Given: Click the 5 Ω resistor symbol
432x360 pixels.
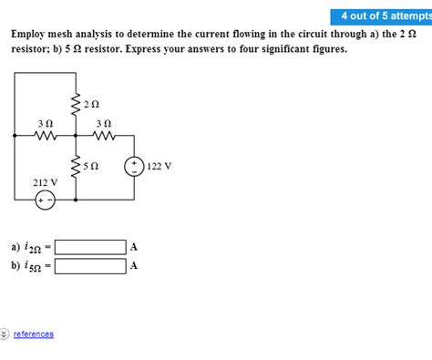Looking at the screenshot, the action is pyautogui.click(x=74, y=168).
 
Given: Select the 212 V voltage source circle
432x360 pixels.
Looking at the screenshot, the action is pyautogui.click(x=45, y=201).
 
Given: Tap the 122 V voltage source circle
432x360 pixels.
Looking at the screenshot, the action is pyautogui.click(x=134, y=167).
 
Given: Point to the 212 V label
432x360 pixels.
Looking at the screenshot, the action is pyautogui.click(x=45, y=182).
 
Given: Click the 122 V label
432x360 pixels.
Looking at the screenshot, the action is pyautogui.click(x=159, y=167).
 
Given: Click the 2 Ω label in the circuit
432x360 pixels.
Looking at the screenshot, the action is pyautogui.click(x=89, y=105).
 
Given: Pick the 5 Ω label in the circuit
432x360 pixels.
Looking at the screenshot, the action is pyautogui.click(x=89, y=167).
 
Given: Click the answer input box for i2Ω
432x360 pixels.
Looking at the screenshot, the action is pyautogui.click(x=90, y=247).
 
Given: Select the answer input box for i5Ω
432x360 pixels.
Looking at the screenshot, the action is pyautogui.click(x=90, y=266).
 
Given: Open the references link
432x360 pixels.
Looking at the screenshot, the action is pyautogui.click(x=34, y=334).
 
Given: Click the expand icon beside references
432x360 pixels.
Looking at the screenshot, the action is pyautogui.click(x=5, y=334).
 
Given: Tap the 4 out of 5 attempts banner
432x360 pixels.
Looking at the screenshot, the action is pyautogui.click(x=383, y=16).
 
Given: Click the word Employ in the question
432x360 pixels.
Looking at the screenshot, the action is pyautogui.click(x=30, y=34).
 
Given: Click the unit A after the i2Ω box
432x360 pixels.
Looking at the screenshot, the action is pyautogui.click(x=134, y=247).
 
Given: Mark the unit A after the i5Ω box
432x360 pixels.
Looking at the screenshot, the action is pyautogui.click(x=134, y=266).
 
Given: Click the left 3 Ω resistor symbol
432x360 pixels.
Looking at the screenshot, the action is pyautogui.click(x=45, y=137).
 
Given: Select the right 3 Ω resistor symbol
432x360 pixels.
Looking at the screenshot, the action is pyautogui.click(x=104, y=137).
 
